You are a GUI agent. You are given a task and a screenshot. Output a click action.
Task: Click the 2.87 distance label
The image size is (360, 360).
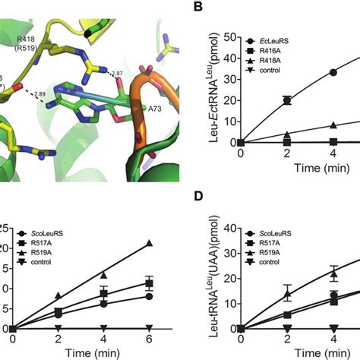(x=118, y=74)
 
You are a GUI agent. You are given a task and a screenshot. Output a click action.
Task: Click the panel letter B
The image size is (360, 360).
(x=197, y=8)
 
